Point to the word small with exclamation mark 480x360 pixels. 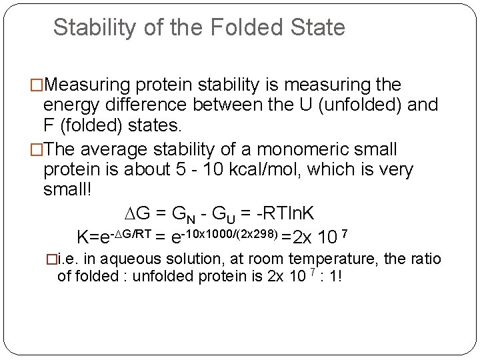point(70,190)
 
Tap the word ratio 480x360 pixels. point(422,259)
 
